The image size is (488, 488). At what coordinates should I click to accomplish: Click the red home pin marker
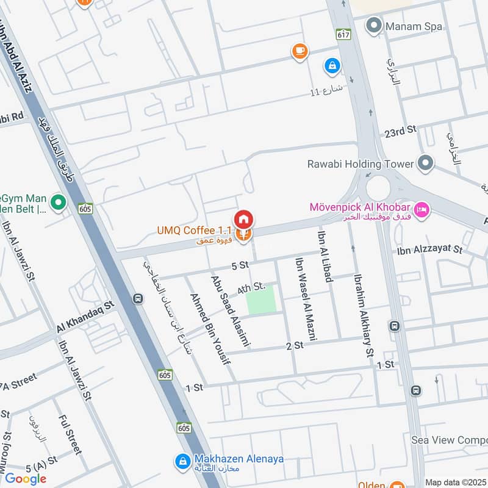[243, 219]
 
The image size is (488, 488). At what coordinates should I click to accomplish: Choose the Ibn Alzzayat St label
[429, 249]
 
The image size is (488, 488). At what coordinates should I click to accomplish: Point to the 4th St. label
[252, 286]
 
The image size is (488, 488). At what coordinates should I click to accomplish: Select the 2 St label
[295, 345]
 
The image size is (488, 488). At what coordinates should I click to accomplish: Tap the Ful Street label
[70, 434]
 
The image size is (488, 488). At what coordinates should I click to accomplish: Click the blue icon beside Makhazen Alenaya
[181, 462]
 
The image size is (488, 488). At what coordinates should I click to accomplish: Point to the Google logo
[26, 479]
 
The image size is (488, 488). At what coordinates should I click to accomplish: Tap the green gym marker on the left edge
[58, 201]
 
